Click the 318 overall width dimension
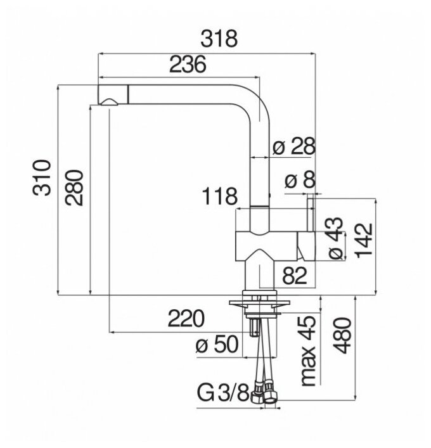pyautogui.click(x=219, y=39)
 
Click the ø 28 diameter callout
pyautogui.click(x=293, y=147)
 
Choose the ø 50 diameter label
pyautogui.click(x=217, y=345)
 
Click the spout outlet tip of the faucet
pyautogui.click(x=108, y=102)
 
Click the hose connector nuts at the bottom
pyautogui.click(x=266, y=395)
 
